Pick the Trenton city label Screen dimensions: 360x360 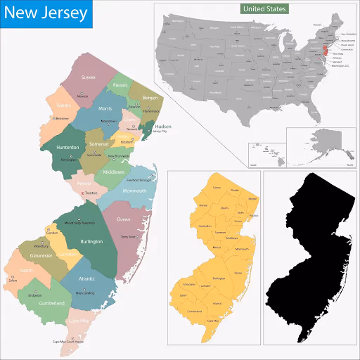(91, 193)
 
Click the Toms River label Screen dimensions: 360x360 (127, 237)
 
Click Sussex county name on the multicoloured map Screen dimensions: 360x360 (88, 77)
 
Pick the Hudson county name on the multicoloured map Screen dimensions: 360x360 (163, 127)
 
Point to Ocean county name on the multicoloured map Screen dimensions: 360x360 (124, 219)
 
